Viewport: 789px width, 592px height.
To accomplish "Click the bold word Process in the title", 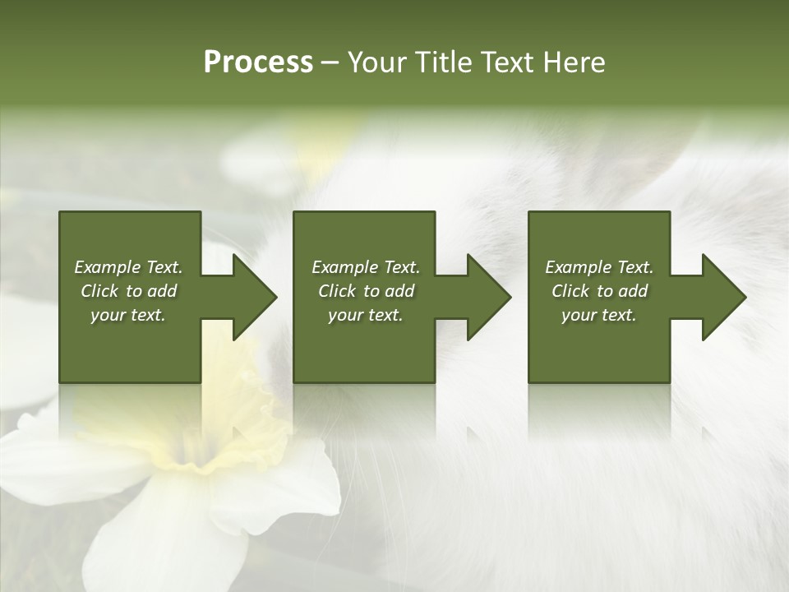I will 258,62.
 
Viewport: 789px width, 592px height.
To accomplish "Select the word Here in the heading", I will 574,62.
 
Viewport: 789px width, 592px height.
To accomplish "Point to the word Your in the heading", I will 378,62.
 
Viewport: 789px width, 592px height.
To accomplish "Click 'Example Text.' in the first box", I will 128,267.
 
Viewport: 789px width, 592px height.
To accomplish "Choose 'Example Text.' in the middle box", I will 366,267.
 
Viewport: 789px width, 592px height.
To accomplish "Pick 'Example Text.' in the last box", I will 599,267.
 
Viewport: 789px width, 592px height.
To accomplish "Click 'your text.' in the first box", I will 128,315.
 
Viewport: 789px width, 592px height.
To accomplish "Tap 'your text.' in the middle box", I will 366,315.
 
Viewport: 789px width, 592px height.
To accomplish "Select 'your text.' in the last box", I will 599,315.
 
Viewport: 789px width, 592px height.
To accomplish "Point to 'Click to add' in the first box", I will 128,291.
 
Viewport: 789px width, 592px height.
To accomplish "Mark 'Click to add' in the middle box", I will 366,291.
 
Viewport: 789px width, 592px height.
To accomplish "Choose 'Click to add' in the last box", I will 599,291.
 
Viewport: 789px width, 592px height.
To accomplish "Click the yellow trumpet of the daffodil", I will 222,428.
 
